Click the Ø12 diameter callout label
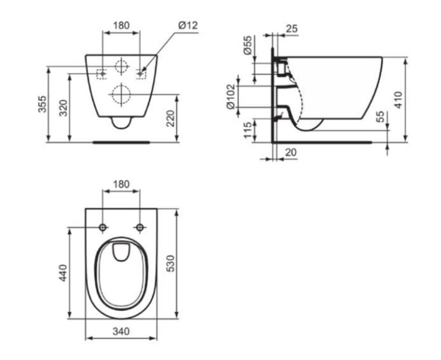[x=188, y=25]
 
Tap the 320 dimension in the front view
[x=64, y=108]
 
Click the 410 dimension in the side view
[x=399, y=100]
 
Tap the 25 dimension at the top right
[x=291, y=29]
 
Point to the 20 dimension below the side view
[x=291, y=152]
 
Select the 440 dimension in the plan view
[x=64, y=273]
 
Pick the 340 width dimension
[x=121, y=332]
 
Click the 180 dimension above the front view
[x=121, y=25]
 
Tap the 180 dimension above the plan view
[x=121, y=184]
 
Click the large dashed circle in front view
[x=121, y=94]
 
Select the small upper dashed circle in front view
[x=121, y=66]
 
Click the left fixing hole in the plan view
[x=103, y=228]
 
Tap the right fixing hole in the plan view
[x=140, y=228]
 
